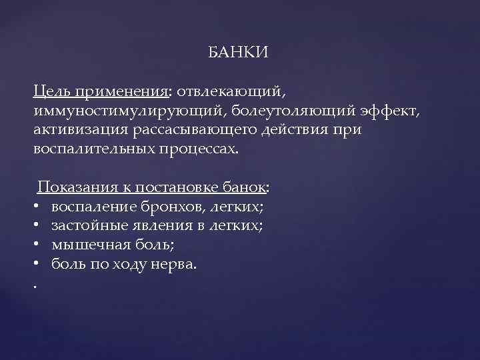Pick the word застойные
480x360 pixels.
(x=84, y=226)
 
